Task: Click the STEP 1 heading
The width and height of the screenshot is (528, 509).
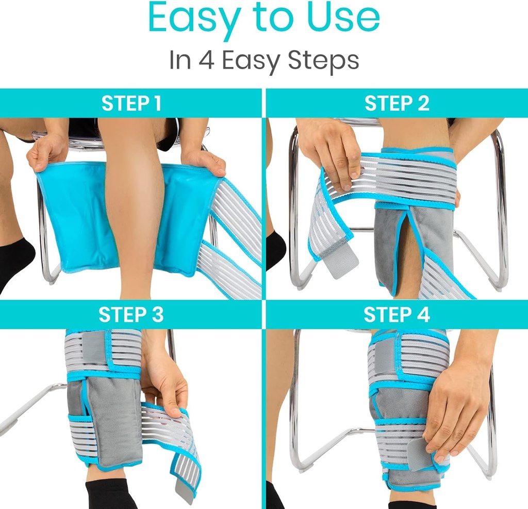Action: tap(131, 103)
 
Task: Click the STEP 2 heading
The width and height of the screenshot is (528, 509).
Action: tap(397, 103)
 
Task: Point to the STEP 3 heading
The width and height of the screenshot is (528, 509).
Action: tap(131, 315)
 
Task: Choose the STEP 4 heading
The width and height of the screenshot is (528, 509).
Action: tap(397, 315)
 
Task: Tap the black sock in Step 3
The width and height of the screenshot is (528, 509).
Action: tap(111, 493)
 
